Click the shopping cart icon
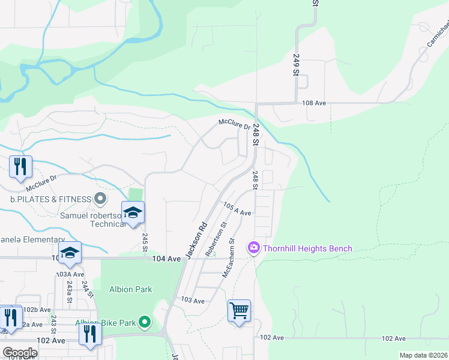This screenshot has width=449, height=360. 239,311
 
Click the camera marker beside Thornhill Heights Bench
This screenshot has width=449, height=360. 253,248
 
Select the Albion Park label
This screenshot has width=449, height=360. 130,289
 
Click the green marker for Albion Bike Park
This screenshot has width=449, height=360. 145,323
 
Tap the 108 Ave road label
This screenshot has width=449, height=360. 313,103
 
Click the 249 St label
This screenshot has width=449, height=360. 296,64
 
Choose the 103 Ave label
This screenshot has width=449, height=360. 193,300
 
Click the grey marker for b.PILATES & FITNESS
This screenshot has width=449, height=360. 100,199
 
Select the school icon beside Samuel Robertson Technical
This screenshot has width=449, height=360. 132,213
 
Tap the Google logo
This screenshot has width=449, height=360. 20,353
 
